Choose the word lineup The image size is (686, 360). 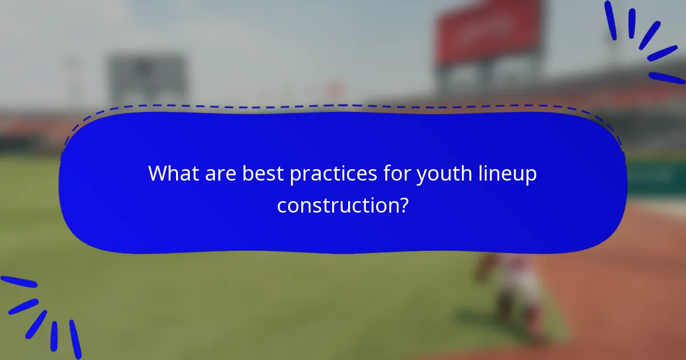click(x=509, y=174)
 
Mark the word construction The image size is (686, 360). click(x=337, y=205)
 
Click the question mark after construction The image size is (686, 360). click(x=404, y=205)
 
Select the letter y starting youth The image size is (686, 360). click(x=421, y=175)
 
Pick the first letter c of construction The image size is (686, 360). click(x=282, y=206)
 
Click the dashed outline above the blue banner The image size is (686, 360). click(x=343, y=106)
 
